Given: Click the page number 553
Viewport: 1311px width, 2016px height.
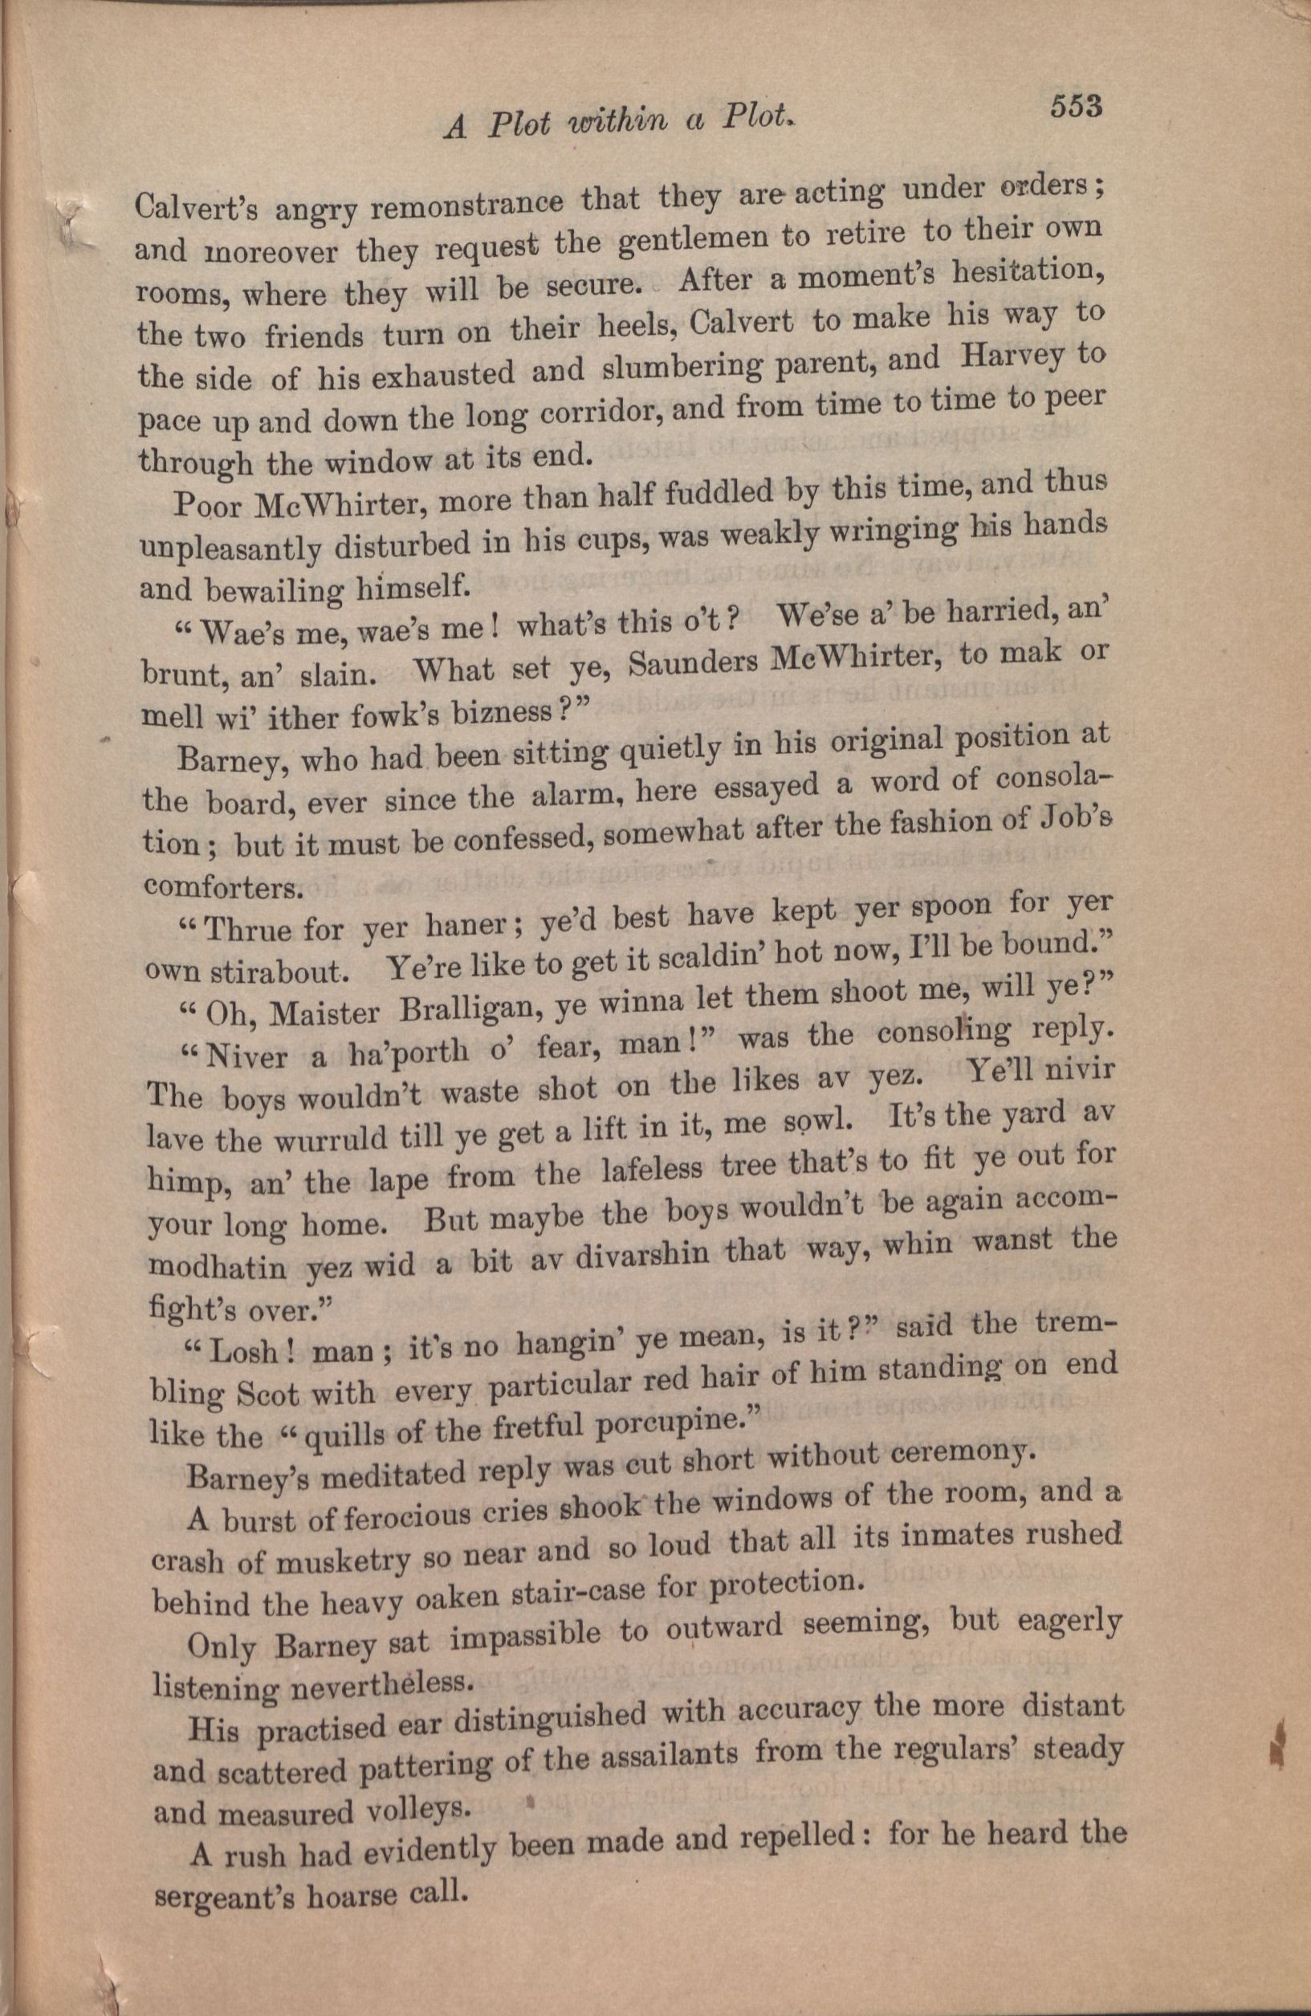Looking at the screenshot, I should click(1076, 108).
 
